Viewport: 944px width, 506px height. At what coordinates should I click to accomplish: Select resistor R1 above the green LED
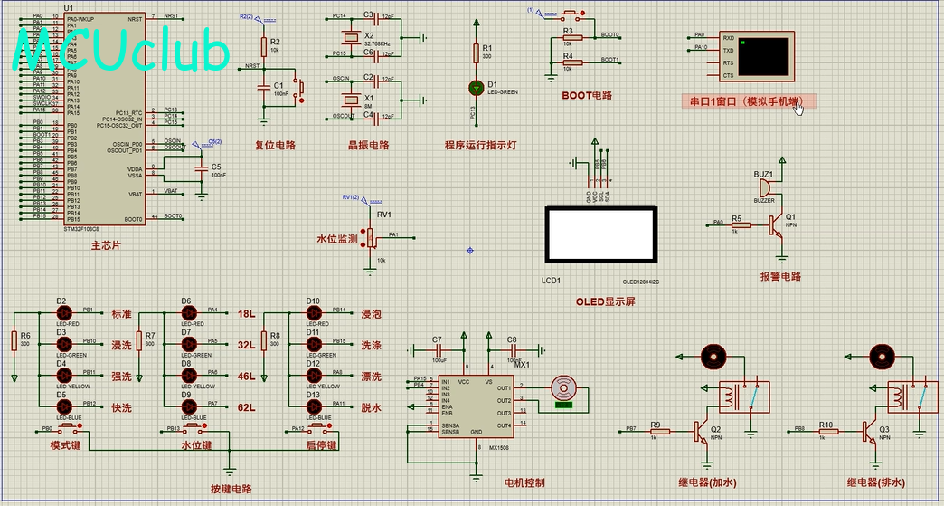[477, 53]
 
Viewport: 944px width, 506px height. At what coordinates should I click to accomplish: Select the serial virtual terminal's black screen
[764, 55]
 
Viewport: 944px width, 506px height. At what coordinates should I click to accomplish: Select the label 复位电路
[275, 145]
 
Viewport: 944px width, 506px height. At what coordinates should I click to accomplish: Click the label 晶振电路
[368, 145]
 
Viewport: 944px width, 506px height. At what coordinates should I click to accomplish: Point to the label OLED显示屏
[605, 301]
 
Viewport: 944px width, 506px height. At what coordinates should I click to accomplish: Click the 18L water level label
[246, 314]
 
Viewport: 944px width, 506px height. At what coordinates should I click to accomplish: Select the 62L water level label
[246, 407]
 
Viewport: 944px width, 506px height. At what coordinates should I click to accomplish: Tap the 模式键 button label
[66, 445]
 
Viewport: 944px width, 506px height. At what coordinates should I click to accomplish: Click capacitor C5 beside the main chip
[201, 168]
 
